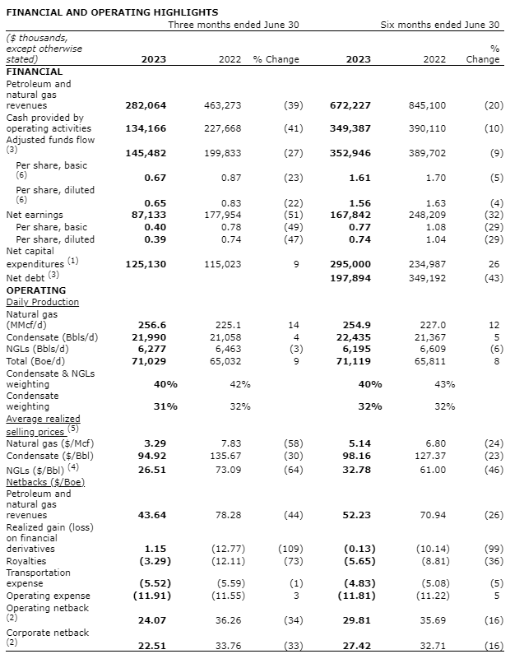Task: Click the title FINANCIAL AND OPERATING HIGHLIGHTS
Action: [x=112, y=12]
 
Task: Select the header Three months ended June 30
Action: [x=234, y=25]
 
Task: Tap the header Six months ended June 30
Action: [x=439, y=25]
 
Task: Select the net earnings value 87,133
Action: [x=148, y=214]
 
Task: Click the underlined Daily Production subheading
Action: [x=42, y=302]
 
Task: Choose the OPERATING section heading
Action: [x=35, y=290]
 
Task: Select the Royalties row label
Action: [x=27, y=560]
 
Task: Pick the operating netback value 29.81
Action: [x=354, y=620]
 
